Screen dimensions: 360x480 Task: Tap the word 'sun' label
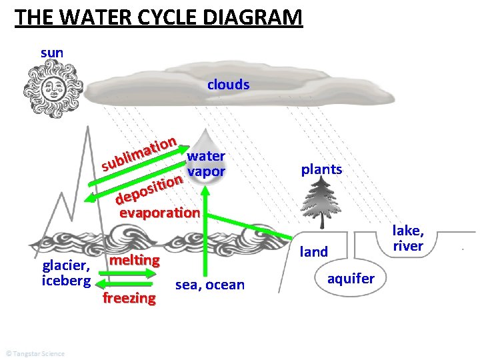pyautogui.click(x=52, y=52)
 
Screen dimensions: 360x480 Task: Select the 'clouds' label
pyautogui.click(x=228, y=85)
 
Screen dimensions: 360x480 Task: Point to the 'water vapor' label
pyautogui.click(x=207, y=164)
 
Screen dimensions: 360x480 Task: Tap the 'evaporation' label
pyautogui.click(x=159, y=213)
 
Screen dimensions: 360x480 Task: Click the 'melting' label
pyautogui.click(x=135, y=259)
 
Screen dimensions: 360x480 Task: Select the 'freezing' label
pyautogui.click(x=129, y=297)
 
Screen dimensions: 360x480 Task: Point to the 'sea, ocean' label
pyautogui.click(x=209, y=285)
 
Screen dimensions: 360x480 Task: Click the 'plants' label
pyautogui.click(x=321, y=169)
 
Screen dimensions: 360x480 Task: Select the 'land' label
pyautogui.click(x=314, y=251)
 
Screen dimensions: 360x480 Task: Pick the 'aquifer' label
pyautogui.click(x=351, y=278)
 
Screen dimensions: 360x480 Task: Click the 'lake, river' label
pyautogui.click(x=408, y=238)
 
